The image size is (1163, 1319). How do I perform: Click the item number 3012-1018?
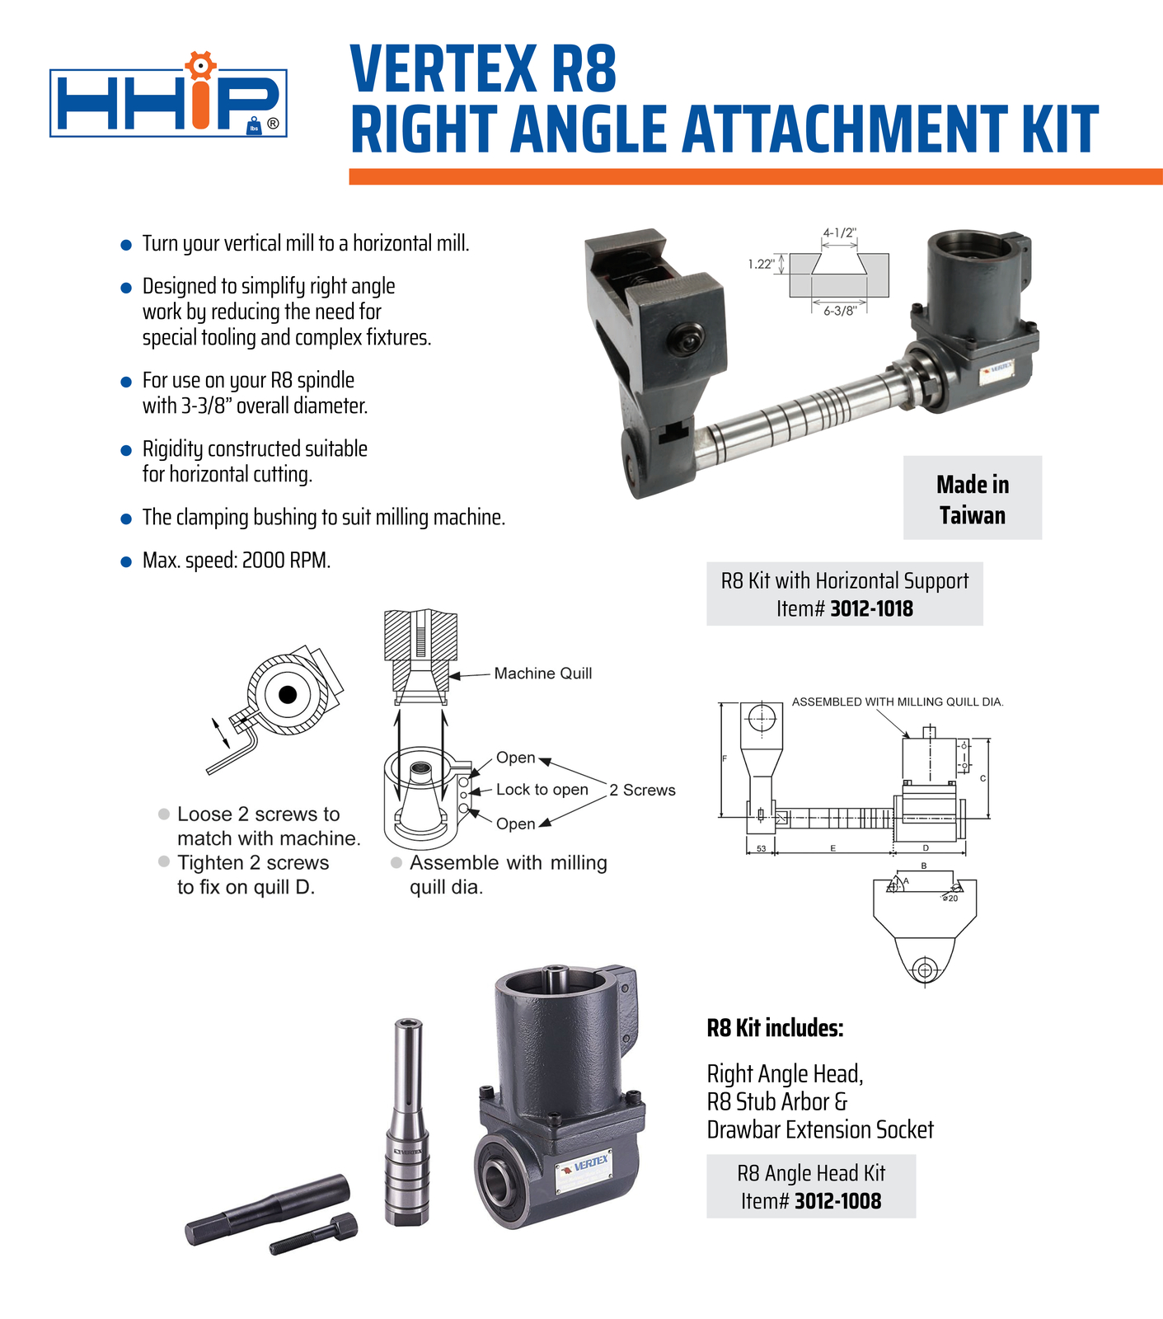[x=871, y=609]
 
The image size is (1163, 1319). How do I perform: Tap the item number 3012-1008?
[x=837, y=1201]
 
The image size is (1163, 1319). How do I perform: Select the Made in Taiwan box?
[x=972, y=498]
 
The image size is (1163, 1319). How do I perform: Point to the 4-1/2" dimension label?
[x=839, y=233]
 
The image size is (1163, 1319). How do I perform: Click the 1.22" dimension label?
[x=761, y=265]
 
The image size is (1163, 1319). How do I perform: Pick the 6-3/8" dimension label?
[x=840, y=312]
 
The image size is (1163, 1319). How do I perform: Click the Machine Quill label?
[x=542, y=674]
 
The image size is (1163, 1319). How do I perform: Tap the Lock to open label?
[x=542, y=790]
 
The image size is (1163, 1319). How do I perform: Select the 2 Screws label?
[x=642, y=791]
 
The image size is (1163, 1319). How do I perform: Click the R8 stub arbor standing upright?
[x=407, y=1121]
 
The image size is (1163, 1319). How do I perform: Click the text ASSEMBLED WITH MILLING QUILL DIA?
[x=897, y=702]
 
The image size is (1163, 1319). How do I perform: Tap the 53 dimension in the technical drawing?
[x=760, y=848]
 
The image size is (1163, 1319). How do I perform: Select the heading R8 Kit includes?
[x=775, y=1028]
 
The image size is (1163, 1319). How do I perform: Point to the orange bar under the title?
[x=754, y=176]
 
